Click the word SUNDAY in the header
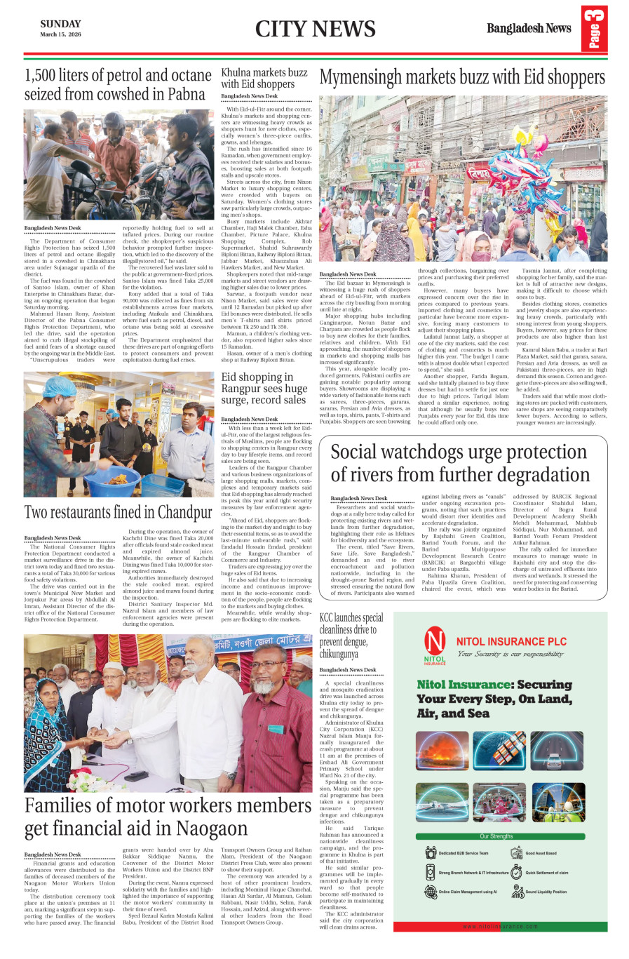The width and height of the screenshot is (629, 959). (x=60, y=24)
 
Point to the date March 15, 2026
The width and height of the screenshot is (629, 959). (x=60, y=34)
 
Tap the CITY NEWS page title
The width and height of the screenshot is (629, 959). (x=315, y=29)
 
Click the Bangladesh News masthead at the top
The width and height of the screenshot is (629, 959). (x=529, y=28)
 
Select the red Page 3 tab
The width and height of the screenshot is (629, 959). (x=594, y=28)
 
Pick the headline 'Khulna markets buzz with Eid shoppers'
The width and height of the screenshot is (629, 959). (x=264, y=77)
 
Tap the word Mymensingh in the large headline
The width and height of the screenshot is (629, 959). (x=371, y=76)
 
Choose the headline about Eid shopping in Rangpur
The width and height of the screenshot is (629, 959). (x=264, y=388)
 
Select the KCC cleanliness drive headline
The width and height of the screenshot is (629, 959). (x=351, y=636)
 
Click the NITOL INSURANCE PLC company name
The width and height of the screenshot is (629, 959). (x=511, y=641)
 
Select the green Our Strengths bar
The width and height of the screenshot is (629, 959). (x=496, y=836)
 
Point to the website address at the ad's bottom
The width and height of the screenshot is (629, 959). (x=500, y=926)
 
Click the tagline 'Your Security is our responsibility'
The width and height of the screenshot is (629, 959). (x=510, y=654)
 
